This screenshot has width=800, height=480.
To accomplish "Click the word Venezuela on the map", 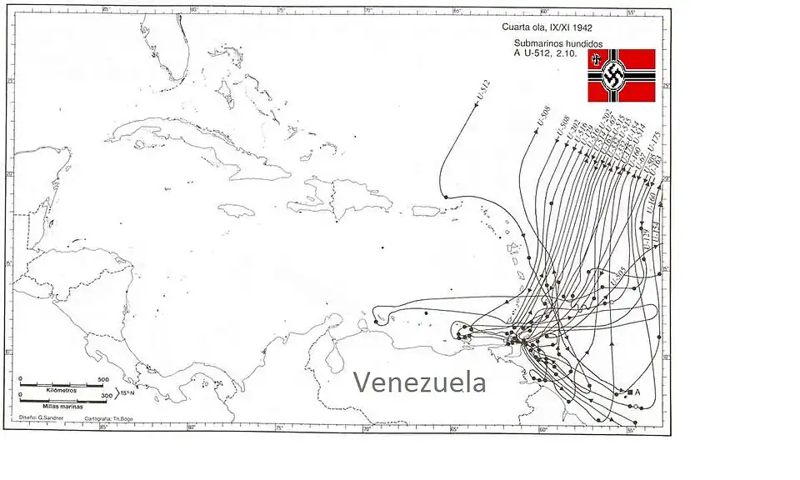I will (x=419, y=382).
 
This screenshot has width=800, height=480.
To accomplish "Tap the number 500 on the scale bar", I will (x=103, y=380).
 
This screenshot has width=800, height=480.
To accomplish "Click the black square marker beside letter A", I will (x=629, y=391).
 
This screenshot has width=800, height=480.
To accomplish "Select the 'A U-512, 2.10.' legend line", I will (x=545, y=54).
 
